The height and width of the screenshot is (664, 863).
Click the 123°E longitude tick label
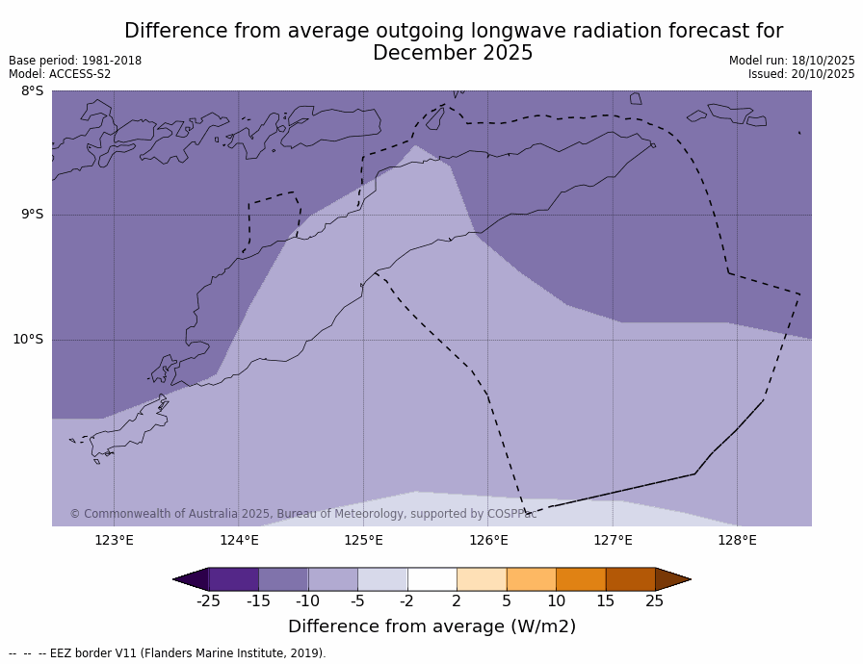click(x=114, y=540)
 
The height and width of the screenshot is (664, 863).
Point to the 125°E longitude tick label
click(x=363, y=540)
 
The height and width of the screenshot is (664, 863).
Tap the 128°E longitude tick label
click(x=737, y=540)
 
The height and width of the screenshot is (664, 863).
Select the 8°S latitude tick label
click(x=32, y=91)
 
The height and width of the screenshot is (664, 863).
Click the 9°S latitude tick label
click(x=32, y=215)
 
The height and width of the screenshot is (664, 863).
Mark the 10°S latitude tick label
click(x=28, y=339)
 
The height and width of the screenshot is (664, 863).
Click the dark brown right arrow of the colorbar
click(x=672, y=579)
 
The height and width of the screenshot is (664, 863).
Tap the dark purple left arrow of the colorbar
click(x=191, y=579)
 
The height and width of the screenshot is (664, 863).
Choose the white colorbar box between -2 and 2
click(x=431, y=579)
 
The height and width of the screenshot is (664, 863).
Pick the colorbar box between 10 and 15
click(x=581, y=579)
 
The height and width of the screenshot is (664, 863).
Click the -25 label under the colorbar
click(x=208, y=601)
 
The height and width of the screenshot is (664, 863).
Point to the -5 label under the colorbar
click(x=357, y=601)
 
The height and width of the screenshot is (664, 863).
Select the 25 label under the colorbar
click(x=655, y=601)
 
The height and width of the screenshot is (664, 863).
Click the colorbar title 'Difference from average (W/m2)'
click(x=431, y=626)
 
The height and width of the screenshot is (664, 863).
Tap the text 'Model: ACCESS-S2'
click(x=60, y=74)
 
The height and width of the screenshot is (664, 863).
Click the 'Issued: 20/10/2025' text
click(x=801, y=74)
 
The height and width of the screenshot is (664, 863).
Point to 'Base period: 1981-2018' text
click(x=75, y=61)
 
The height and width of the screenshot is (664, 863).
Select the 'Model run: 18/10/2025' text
click(x=792, y=61)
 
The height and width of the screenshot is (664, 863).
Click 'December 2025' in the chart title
click(x=453, y=54)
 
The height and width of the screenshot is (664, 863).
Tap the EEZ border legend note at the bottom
click(x=168, y=653)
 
